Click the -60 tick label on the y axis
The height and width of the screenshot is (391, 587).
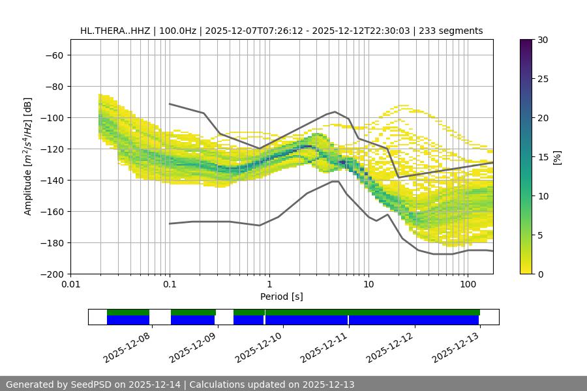53,55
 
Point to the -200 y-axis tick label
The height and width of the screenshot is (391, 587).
51,274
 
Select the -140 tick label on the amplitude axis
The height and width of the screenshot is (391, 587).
51,180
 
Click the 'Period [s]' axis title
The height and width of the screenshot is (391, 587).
281,297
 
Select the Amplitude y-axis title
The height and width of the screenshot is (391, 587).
27,156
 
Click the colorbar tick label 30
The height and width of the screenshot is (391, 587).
543,40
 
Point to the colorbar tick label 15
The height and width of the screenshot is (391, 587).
543,157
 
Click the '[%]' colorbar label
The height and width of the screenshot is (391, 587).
557,157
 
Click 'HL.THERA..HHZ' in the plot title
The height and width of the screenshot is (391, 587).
115,31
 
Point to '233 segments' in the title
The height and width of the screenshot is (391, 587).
451,31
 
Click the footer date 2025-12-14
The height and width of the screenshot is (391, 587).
151,384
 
